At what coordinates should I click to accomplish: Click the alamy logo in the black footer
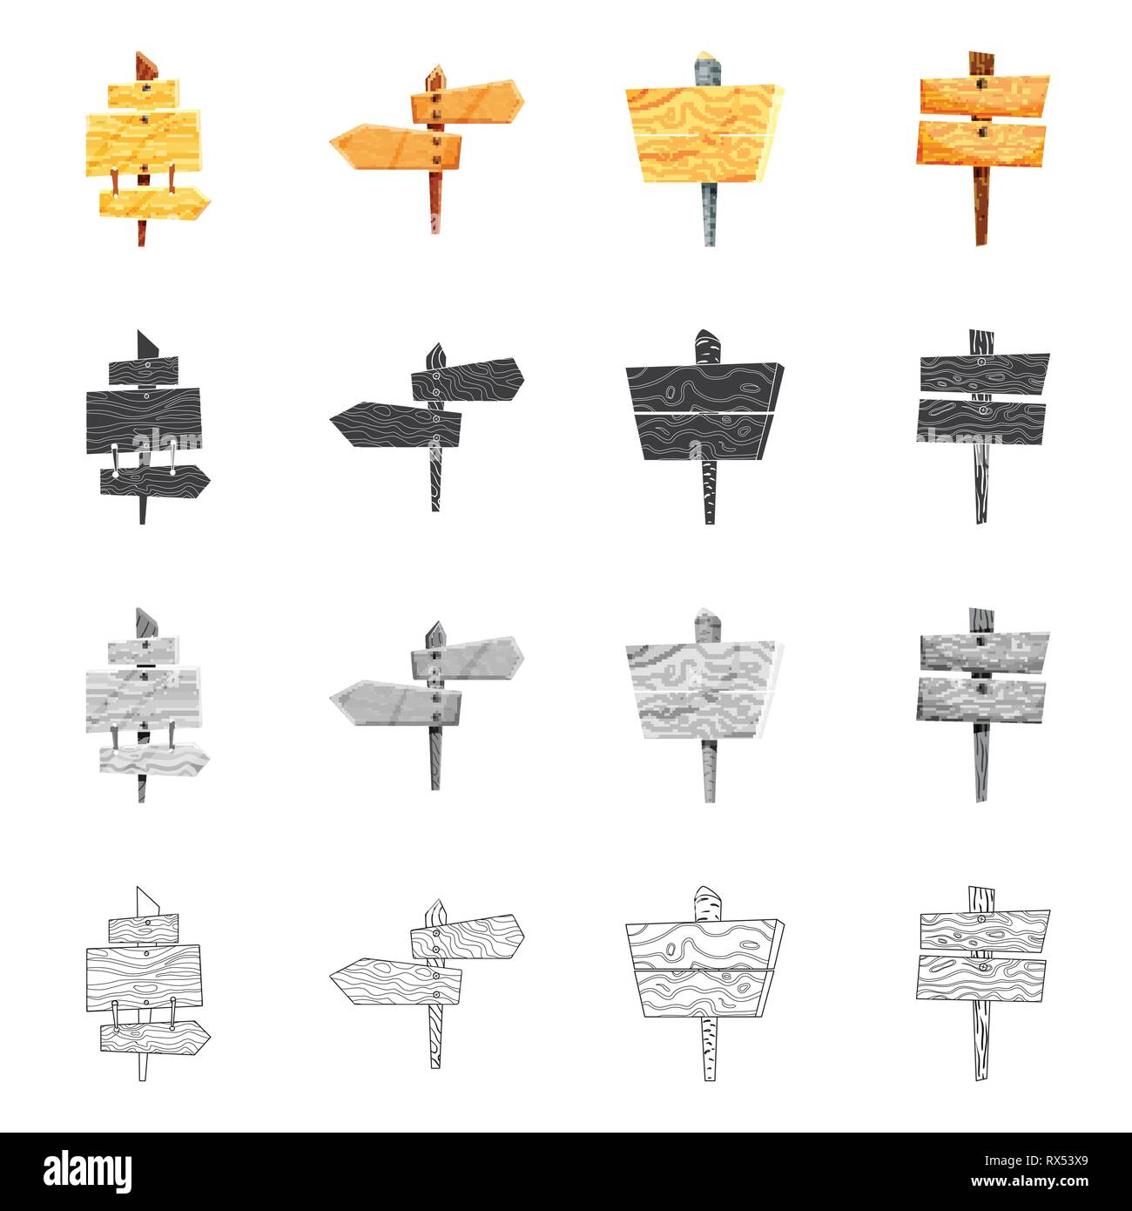87,1171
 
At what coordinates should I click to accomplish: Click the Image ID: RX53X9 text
1035,1161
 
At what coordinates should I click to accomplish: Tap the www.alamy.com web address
1029,1181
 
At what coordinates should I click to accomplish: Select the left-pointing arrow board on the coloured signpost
395,147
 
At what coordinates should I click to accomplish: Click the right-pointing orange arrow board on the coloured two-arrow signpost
468,101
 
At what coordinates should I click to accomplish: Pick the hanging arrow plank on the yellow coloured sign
155,202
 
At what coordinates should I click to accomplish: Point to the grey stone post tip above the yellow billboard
707,68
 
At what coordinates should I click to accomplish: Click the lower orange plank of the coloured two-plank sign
980,143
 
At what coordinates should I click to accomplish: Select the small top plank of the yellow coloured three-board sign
144,93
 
